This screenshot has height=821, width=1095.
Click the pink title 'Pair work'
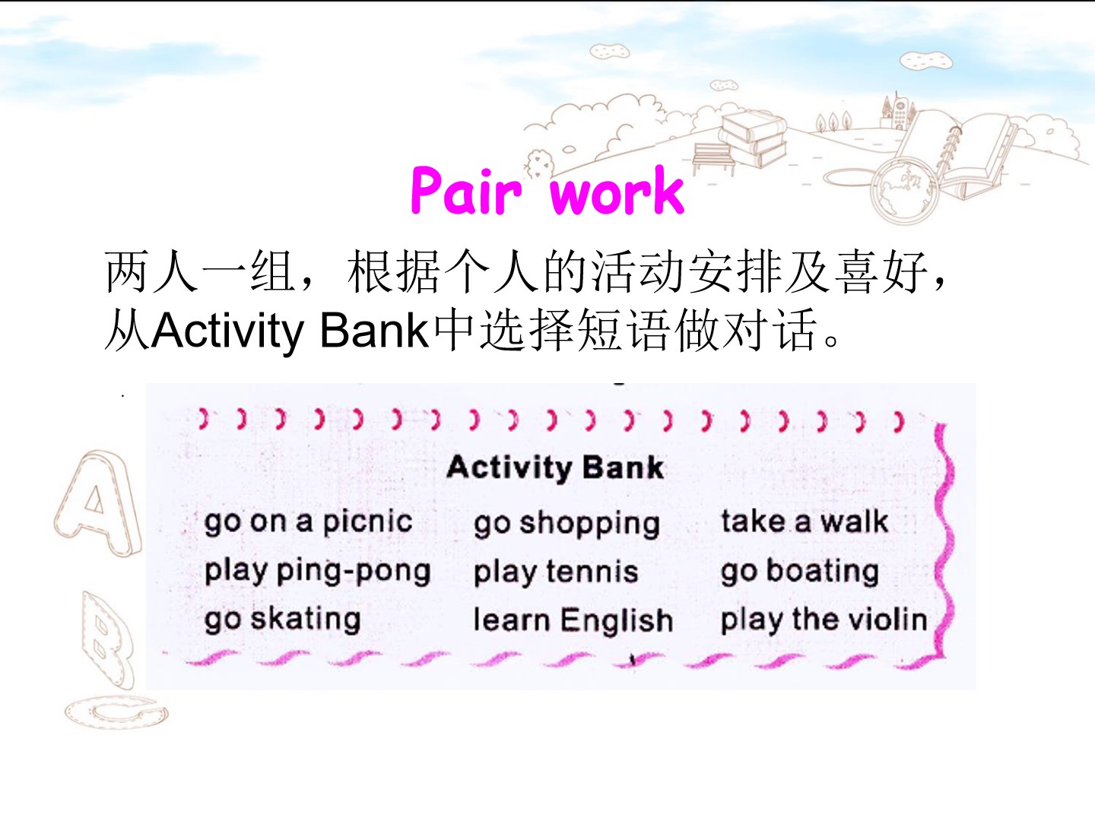547,191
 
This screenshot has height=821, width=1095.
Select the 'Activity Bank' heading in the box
555,468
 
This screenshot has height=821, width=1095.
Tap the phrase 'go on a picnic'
308,522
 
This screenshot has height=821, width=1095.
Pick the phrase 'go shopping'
567,525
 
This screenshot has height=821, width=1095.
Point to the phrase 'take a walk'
805,521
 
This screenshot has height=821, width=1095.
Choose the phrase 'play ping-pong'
317,572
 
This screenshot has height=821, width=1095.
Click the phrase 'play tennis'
556,571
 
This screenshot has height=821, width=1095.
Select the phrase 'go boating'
800,571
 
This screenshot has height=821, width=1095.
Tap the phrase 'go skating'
282,620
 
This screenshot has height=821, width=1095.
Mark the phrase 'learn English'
573,620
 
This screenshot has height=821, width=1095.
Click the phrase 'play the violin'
824,620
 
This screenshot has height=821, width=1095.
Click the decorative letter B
107,640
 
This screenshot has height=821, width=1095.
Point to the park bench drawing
713,158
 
